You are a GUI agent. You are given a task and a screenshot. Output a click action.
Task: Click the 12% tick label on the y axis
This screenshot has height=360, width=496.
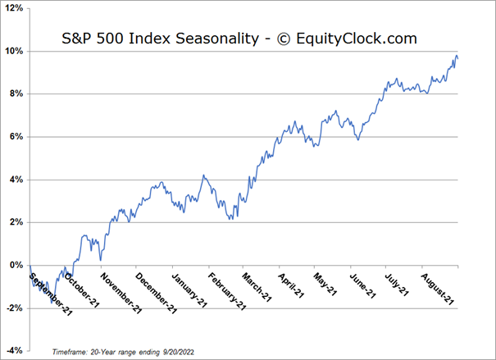pos(15,8)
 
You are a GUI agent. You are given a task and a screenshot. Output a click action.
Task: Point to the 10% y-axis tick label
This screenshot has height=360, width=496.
pos(15,51)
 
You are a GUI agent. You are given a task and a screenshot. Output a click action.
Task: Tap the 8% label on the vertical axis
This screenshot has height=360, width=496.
pos(16,93)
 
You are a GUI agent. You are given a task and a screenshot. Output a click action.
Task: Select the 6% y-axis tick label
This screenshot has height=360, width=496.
pos(16,136)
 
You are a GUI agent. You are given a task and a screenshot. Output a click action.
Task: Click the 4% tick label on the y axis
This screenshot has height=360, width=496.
pos(16,179)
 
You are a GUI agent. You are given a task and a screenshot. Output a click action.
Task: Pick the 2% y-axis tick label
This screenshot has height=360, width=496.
pos(16,221)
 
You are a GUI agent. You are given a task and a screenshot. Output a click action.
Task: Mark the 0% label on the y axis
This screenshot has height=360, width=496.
pos(16,265)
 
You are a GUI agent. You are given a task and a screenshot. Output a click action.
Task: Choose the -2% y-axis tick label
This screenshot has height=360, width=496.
pos(15,308)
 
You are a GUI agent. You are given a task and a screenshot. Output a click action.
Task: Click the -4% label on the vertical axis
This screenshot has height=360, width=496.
pos(15,350)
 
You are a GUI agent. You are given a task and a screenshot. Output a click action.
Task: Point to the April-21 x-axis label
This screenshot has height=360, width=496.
pos(291,284)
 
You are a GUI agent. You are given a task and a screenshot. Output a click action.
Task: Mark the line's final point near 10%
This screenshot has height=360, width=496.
pos(457,57)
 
